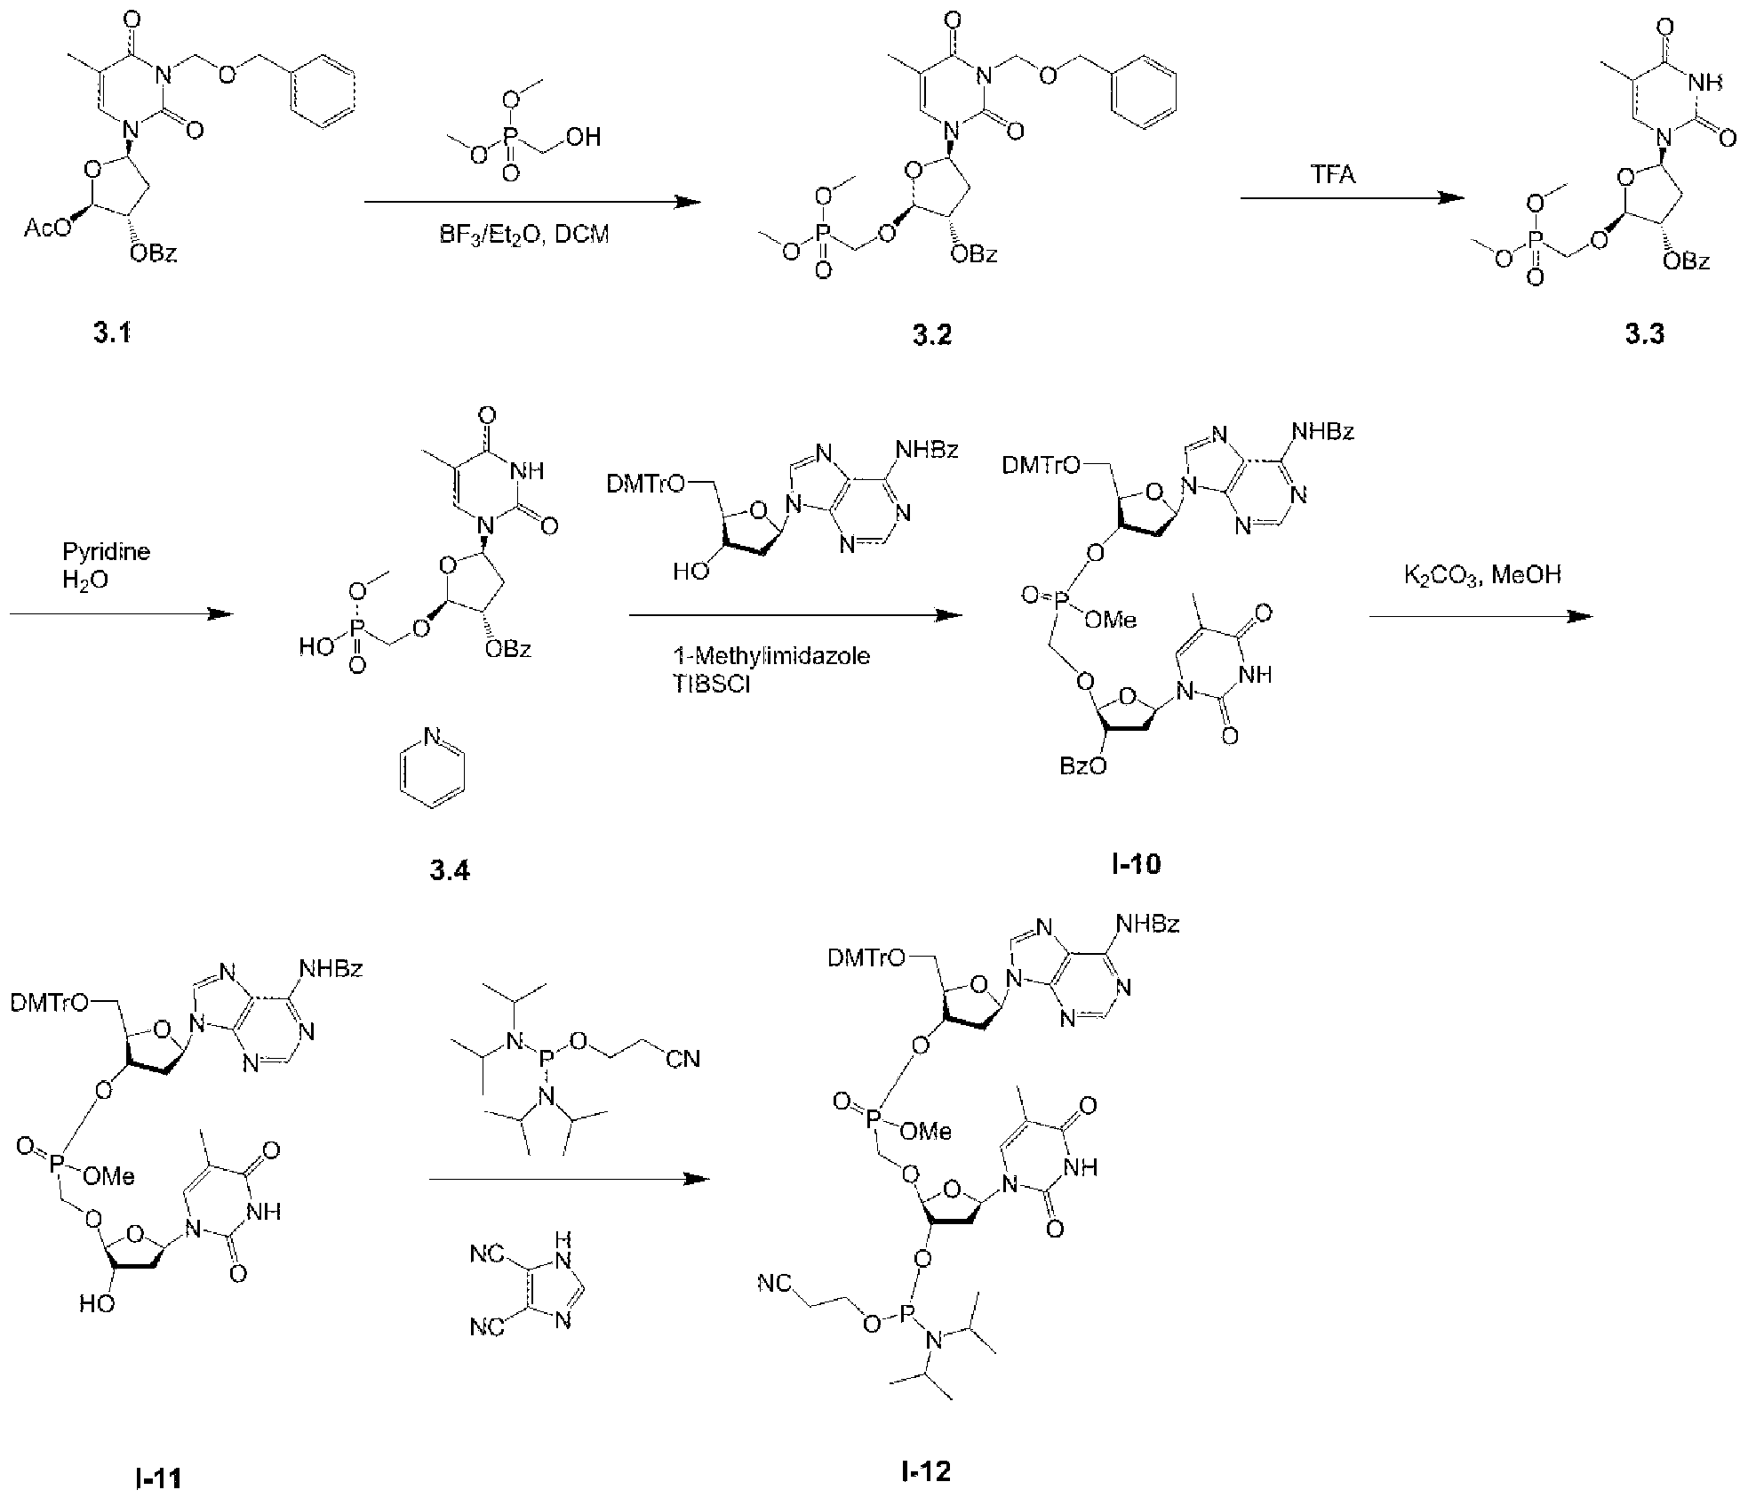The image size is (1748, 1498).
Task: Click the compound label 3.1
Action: [113, 335]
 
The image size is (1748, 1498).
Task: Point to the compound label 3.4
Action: [450, 870]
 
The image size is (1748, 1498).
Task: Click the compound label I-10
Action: [1136, 863]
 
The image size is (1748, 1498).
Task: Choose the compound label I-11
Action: [161, 1479]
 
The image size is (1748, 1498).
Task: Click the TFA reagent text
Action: [1334, 174]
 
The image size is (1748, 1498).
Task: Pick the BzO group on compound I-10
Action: [1083, 765]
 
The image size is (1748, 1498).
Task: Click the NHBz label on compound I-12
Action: [1148, 925]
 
